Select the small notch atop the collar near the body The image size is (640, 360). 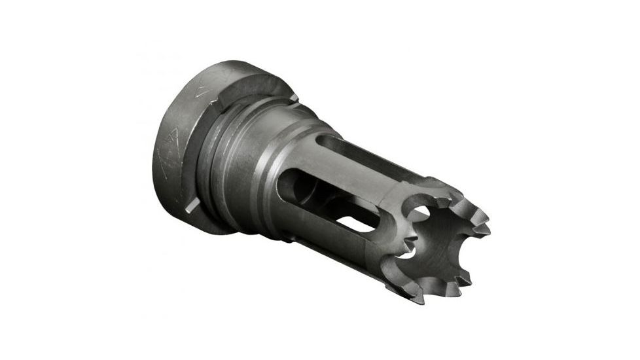293,98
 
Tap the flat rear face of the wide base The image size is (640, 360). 171,164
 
